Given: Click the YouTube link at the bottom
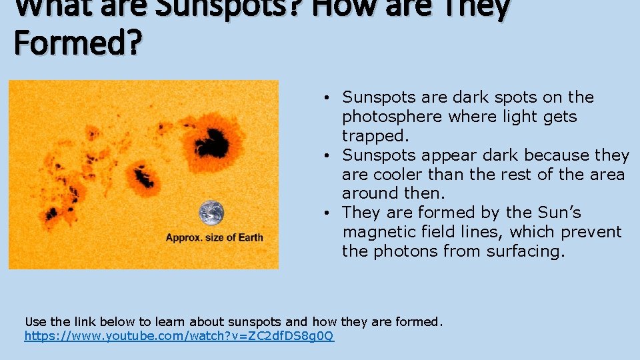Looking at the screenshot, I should click(x=179, y=337).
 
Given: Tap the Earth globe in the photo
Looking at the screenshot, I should click(x=212, y=213).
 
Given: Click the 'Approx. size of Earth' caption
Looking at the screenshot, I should click(x=214, y=237).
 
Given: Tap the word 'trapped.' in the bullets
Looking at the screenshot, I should click(x=374, y=136).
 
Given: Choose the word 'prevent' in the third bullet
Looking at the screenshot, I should click(x=593, y=232).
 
